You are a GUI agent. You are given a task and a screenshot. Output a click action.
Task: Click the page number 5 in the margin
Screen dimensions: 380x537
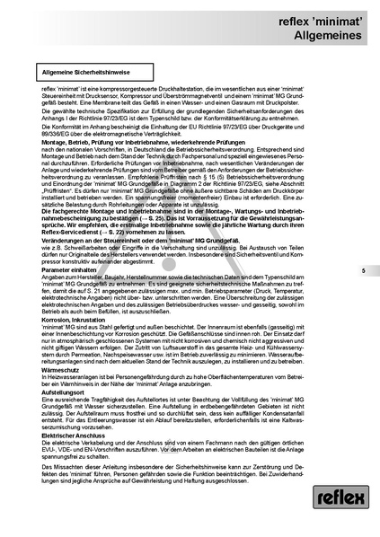click(x=363, y=245)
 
